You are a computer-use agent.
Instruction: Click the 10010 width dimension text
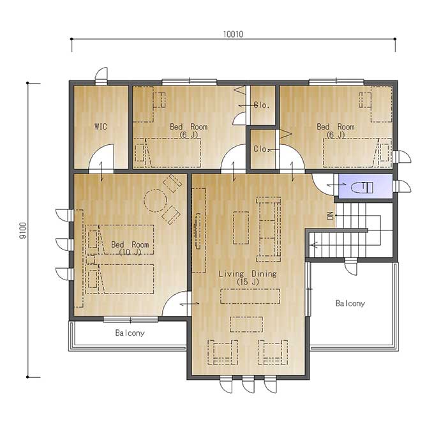point(234,34)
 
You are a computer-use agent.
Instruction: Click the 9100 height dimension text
point(23,230)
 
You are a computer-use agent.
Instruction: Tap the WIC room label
point(100,127)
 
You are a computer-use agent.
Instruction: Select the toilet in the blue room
point(362,188)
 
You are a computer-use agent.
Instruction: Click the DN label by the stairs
point(330,215)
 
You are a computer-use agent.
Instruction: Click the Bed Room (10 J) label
point(130,248)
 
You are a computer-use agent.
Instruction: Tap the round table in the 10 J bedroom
point(155,200)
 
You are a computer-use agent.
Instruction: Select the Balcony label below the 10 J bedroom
point(130,333)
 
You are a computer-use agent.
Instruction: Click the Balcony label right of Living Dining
point(350,303)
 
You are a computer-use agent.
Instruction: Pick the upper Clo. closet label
point(262,105)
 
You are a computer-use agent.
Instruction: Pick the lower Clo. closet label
point(262,149)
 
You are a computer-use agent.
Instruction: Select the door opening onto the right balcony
point(351,266)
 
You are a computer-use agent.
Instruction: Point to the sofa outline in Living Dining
point(268,229)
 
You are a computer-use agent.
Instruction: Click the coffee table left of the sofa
point(241,228)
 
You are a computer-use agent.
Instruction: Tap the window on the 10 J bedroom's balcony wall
point(131,320)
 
